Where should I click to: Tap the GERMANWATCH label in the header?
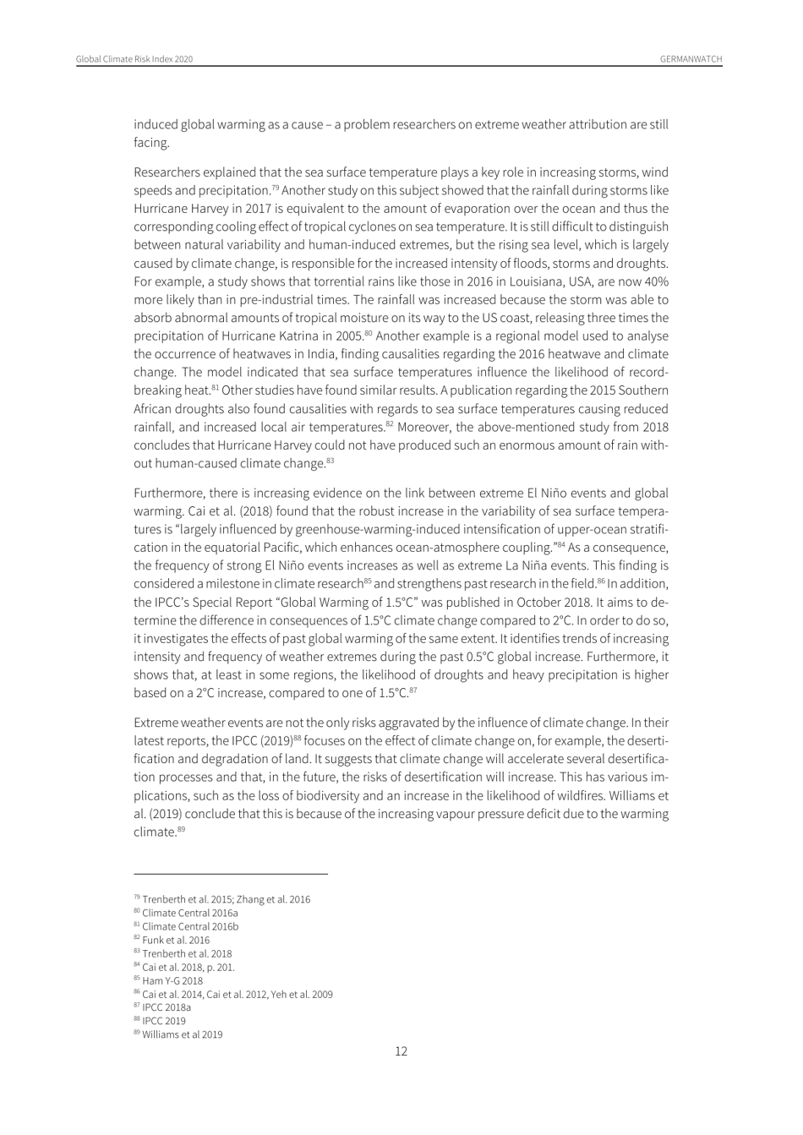pos(691,59)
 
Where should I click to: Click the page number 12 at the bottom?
pos(401,1051)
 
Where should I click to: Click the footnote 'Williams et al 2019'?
pos(182,1034)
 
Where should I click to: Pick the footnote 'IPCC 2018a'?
pos(166,1007)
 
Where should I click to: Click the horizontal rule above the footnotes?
pos(230,874)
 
